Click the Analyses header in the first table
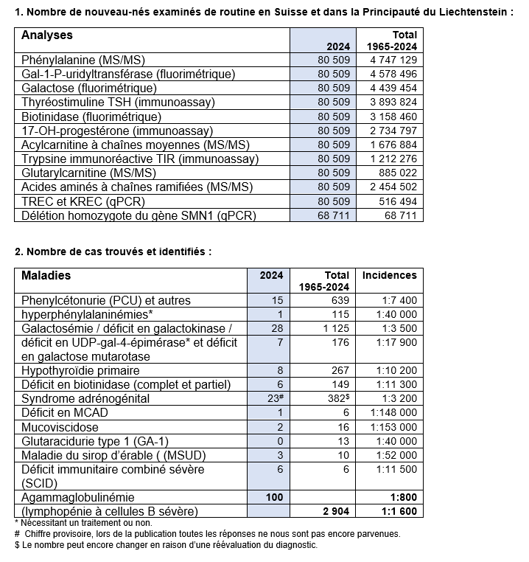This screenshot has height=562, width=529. click(x=47, y=35)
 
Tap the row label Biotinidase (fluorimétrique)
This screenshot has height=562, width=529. click(x=91, y=117)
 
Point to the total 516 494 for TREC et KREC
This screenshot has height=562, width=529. click(x=397, y=201)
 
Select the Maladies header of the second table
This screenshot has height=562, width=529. click(x=46, y=276)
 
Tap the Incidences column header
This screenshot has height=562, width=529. click(x=389, y=275)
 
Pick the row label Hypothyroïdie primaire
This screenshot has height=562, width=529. click(x=80, y=370)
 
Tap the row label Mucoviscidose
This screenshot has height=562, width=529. click(x=56, y=427)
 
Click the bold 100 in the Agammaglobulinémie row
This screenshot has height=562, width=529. click(x=274, y=497)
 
